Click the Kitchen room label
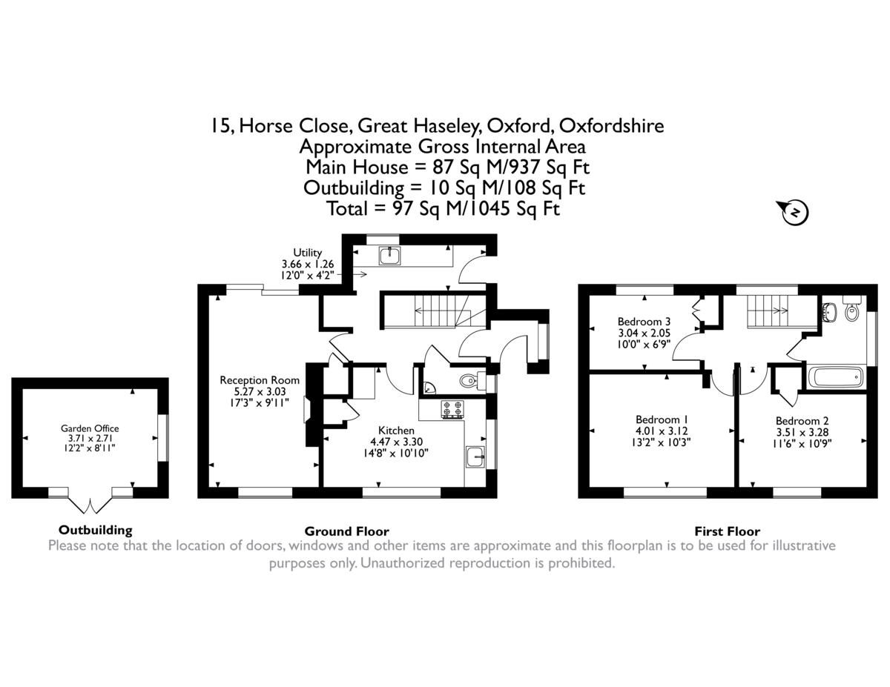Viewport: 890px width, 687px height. (397, 441)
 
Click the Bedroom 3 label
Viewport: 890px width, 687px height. (644, 333)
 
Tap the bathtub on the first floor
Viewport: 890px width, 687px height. (835, 377)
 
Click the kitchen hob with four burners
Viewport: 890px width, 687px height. (452, 409)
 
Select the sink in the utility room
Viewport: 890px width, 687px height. (390, 256)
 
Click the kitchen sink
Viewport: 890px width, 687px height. (475, 458)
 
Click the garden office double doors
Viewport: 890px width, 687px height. (90, 504)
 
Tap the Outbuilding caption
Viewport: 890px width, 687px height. (95, 530)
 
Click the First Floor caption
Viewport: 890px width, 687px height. (727, 531)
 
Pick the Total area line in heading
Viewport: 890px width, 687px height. (444, 208)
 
